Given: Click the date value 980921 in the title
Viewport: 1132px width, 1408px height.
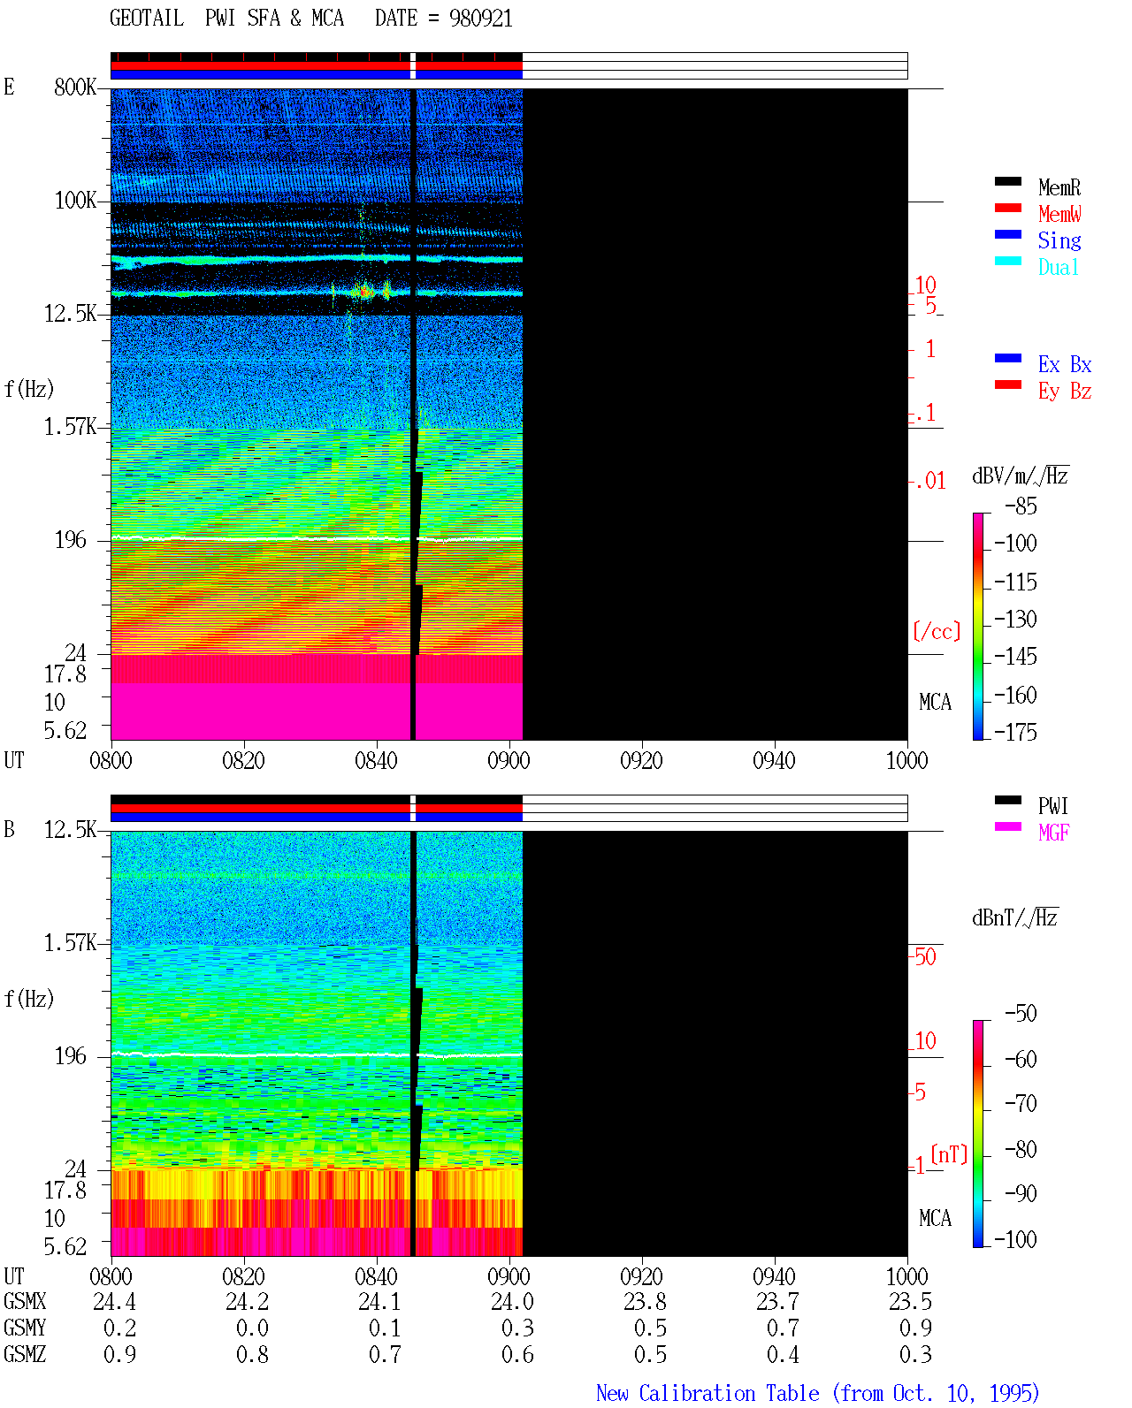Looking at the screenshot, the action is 480,19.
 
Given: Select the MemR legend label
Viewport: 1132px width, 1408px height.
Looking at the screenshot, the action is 1059,187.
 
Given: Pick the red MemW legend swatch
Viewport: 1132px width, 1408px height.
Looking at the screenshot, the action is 1007,208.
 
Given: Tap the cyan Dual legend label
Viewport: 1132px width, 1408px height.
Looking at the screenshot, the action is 1058,267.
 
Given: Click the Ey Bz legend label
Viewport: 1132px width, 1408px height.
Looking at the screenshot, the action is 1064,392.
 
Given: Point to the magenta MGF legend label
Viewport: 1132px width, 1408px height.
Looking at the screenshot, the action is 1053,833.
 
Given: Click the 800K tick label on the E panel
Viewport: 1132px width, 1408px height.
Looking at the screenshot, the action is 74,87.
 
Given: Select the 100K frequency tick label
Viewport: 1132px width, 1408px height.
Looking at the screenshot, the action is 75,201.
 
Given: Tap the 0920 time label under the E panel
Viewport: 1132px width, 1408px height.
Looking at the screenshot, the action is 641,760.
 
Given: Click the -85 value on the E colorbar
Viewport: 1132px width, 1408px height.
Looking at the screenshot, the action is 1021,506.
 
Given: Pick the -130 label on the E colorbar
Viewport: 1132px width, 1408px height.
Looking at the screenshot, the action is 1015,619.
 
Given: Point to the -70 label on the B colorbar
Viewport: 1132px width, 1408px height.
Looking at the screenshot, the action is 1021,1103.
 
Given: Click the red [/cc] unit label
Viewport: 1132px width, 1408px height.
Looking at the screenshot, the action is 937,631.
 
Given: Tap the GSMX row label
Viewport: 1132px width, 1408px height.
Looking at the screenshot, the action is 25,1301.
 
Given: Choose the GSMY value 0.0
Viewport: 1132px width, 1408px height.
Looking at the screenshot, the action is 252,1328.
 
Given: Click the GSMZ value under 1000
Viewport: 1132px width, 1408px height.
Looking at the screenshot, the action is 915,1354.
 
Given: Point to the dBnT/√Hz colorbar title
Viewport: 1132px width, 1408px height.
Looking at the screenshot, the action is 1014,917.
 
